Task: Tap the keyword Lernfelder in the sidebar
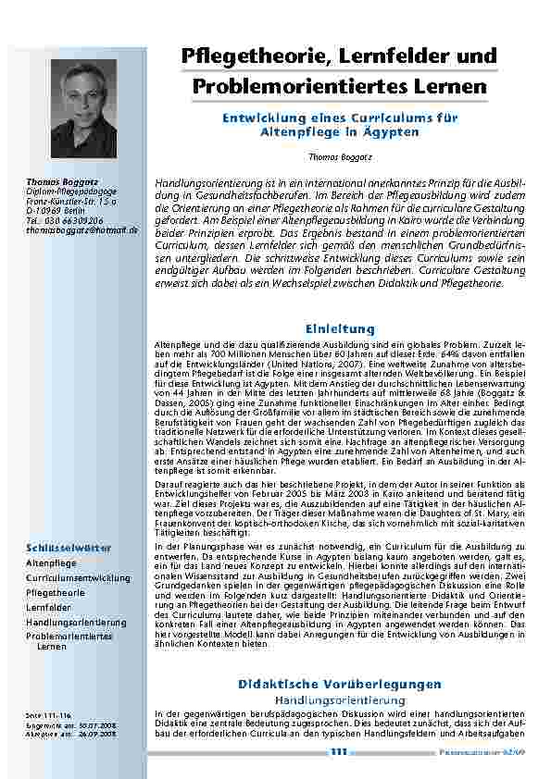coord(48,606)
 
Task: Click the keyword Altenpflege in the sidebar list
coord(51,563)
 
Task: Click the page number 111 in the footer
coord(337,752)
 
